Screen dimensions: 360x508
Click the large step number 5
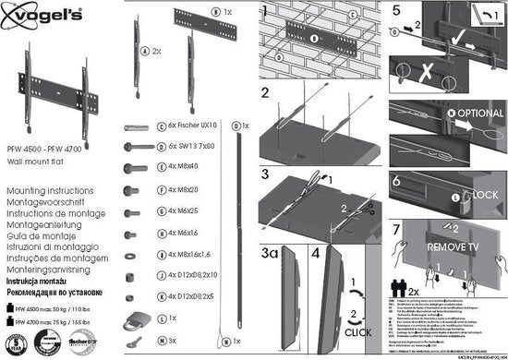tap(396, 13)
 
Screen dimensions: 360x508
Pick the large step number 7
tap(396, 227)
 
